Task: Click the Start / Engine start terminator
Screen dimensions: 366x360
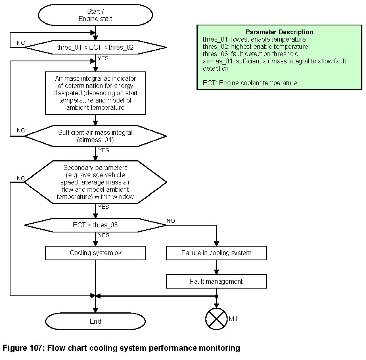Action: (x=95, y=15)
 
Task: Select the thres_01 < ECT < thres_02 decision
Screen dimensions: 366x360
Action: (x=95, y=47)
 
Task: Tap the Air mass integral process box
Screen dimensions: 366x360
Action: (x=95, y=93)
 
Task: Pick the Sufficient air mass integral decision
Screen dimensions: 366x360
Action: (x=95, y=136)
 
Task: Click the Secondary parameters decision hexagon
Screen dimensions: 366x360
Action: (x=95, y=182)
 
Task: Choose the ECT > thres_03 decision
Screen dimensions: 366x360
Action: (x=95, y=225)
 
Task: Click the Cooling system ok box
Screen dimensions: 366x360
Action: (x=95, y=253)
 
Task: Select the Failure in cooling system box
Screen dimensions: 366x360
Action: (x=216, y=253)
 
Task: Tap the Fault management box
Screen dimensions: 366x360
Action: (x=216, y=281)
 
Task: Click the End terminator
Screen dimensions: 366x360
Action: (x=95, y=321)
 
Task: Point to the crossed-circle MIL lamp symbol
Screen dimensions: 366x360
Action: (x=216, y=319)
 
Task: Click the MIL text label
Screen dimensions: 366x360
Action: (x=234, y=319)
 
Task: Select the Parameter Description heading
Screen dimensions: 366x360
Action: (x=279, y=32)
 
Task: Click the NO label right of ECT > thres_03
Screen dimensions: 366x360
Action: (x=171, y=221)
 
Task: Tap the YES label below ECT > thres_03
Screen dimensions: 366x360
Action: (x=104, y=235)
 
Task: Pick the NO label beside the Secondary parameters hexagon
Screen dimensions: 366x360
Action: (x=21, y=178)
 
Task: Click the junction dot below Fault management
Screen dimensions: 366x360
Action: (x=216, y=296)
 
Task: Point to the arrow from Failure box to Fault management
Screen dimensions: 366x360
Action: (x=216, y=267)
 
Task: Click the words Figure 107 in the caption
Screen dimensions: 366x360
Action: (x=23, y=348)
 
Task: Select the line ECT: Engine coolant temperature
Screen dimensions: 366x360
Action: (x=250, y=83)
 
